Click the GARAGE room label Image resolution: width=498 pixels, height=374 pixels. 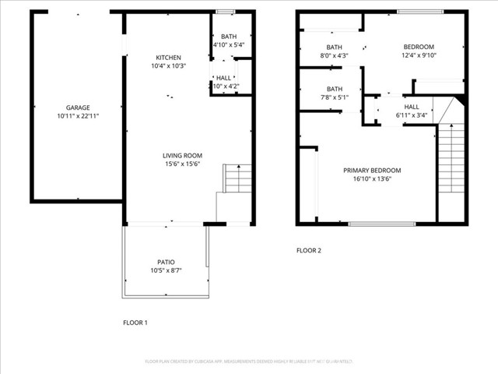[x=78, y=108]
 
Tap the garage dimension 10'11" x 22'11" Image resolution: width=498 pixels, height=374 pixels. [x=78, y=116]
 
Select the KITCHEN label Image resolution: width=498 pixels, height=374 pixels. [x=168, y=58]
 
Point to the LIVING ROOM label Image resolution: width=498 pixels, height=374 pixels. [x=182, y=155]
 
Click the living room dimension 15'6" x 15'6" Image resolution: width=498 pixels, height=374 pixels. [x=182, y=164]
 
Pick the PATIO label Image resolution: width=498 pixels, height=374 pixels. [x=166, y=262]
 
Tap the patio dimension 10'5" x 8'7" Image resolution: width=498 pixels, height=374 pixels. [x=166, y=270]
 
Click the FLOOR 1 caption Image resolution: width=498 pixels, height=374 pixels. [x=135, y=323]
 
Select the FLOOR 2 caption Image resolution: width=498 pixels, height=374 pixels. [x=308, y=251]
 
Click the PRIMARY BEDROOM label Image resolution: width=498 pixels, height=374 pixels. [x=372, y=170]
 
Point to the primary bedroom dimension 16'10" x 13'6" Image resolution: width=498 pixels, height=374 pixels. [x=372, y=178]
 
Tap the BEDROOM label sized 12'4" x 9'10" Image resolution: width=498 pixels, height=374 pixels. [x=419, y=47]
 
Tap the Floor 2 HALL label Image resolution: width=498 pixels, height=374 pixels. [x=412, y=107]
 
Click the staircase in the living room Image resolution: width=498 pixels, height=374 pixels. [x=237, y=178]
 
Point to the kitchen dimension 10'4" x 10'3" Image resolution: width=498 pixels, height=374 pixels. [x=168, y=66]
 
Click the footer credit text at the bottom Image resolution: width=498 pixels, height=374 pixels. [x=249, y=362]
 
